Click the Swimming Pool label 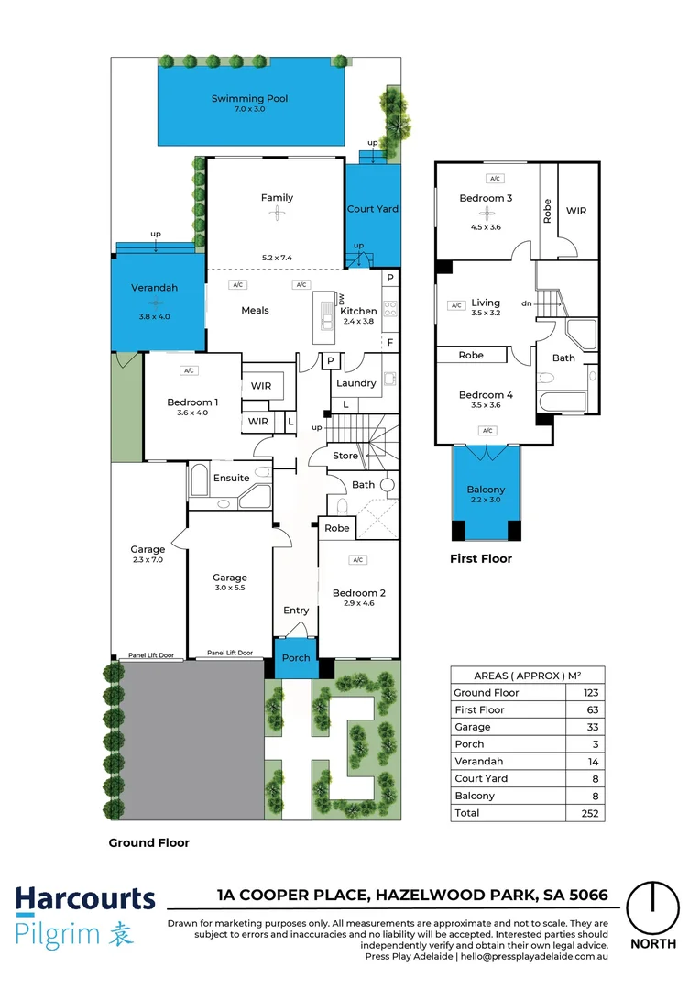coord(249,98)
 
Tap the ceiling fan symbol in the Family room coord(277,214)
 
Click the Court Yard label coord(373,209)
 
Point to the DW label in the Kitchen coord(340,300)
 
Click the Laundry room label coord(356,383)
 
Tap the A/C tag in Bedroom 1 coord(190,370)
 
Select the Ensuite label coord(231,478)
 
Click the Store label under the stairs coord(345,456)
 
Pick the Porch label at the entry coord(296,658)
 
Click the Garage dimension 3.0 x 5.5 coord(230,589)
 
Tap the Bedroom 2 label coord(358,593)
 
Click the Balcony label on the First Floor coord(487,489)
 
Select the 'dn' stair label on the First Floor coord(526,303)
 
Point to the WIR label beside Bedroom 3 coord(576,211)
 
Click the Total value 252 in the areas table coord(591,813)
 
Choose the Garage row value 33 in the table coord(591,727)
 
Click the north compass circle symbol coord(653,907)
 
